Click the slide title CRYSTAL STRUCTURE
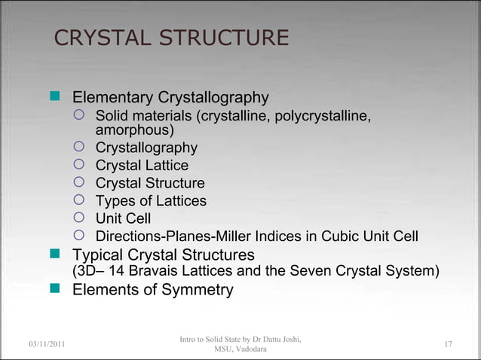click(172, 38)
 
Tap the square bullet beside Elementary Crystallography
click(54, 98)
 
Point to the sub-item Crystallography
click(146, 148)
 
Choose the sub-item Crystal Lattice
click(142, 166)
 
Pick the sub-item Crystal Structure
click(149, 183)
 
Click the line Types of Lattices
click(151, 201)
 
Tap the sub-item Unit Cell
click(123, 218)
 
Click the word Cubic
click(342, 236)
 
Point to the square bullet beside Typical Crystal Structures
click(54, 255)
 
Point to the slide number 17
click(448, 345)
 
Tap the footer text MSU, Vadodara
click(240, 350)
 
